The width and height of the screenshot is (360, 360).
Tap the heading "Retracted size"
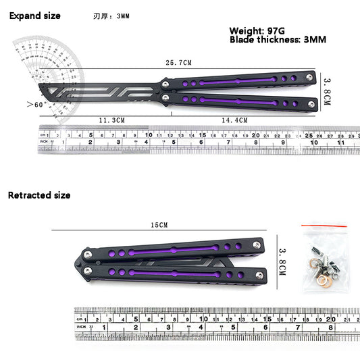[x=39, y=195]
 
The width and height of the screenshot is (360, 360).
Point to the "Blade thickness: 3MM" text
[x=278, y=40]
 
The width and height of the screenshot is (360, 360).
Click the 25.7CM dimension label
[x=178, y=63]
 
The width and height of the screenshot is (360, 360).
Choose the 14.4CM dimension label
[x=234, y=120]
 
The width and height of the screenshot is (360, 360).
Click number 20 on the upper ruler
[x=255, y=135]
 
